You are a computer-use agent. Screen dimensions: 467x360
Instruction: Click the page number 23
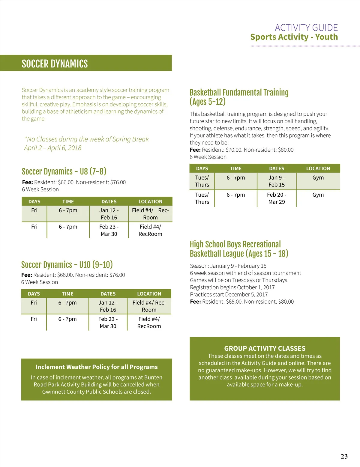click(344, 456)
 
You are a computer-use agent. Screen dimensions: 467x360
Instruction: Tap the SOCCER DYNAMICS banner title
click(55, 64)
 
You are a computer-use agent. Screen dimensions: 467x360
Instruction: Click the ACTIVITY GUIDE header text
click(306, 28)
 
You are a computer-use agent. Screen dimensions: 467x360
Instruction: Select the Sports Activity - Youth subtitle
click(294, 37)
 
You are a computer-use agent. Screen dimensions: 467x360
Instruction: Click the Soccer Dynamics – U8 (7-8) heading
click(64, 171)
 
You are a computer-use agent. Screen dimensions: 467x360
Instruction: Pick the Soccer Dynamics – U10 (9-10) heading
click(67, 265)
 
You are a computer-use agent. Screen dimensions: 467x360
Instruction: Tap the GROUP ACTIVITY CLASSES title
click(265, 348)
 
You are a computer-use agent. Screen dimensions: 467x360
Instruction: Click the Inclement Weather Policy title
click(96, 367)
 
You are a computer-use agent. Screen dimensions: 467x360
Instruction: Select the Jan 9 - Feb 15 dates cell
click(277, 181)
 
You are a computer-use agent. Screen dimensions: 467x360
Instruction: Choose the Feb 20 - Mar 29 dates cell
click(277, 198)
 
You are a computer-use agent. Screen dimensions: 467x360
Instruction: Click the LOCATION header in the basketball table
click(318, 168)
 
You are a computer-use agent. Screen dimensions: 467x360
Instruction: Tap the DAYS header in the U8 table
click(34, 201)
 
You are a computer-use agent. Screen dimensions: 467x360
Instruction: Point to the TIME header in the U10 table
click(67, 294)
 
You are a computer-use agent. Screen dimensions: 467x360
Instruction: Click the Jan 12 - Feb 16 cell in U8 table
click(109, 214)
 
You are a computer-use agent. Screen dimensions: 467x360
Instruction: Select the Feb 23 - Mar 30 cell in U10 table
click(108, 323)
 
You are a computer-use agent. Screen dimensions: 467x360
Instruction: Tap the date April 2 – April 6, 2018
click(53, 148)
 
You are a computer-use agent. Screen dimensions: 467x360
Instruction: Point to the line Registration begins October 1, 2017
click(232, 287)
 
